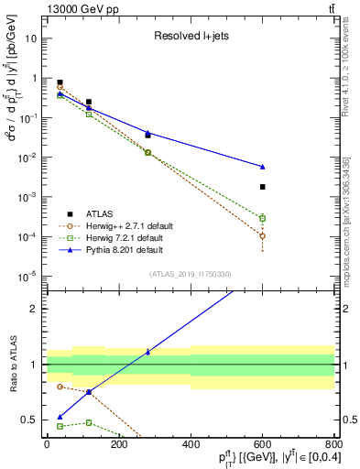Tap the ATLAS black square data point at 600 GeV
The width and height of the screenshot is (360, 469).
(262, 187)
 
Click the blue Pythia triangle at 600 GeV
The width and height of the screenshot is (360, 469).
(262, 167)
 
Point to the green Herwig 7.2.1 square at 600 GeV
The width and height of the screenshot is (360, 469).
(262, 218)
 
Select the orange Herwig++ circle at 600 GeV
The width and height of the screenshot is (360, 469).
(262, 235)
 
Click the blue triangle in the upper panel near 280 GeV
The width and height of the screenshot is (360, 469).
(147, 133)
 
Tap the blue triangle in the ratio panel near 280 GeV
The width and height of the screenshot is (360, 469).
(147, 352)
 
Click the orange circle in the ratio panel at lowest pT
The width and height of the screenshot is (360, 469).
(60, 387)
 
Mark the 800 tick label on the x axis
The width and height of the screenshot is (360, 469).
(333, 445)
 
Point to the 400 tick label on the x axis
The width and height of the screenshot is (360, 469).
(190, 445)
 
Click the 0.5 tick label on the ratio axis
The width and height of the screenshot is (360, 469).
(30, 420)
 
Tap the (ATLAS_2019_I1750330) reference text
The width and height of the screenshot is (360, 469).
(190, 274)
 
